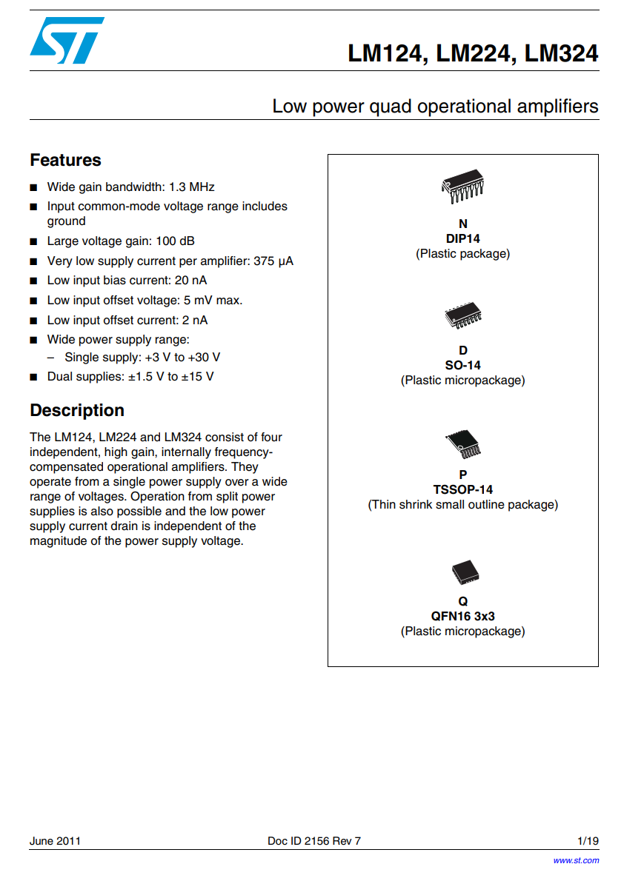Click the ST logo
[67, 41]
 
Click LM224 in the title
[473, 54]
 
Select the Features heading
[65, 160]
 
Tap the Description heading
[77, 410]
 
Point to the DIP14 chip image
[463, 186]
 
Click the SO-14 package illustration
[463, 316]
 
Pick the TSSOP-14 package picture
[463, 444]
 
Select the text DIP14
[463, 238]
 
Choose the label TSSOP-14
[463, 489]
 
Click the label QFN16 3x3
[463, 616]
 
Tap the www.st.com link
[576, 860]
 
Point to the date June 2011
[55, 841]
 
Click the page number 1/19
[588, 841]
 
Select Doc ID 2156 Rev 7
[314, 841]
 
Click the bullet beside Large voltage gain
[33, 241]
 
